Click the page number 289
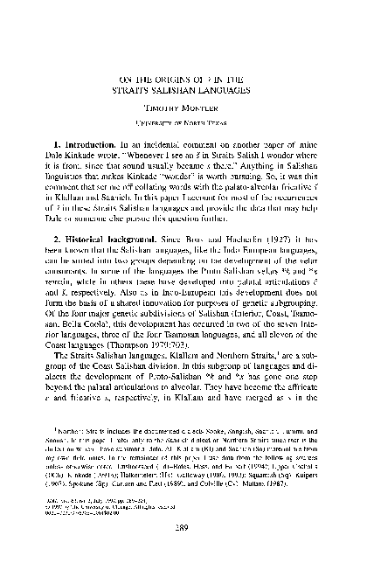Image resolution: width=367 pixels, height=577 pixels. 184,560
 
